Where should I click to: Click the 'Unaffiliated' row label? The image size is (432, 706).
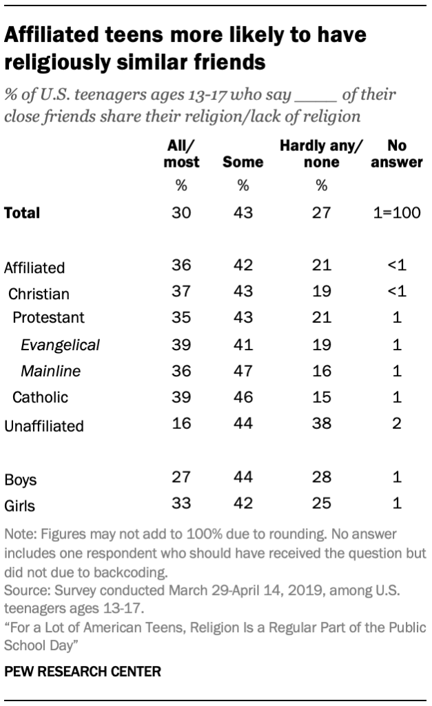[43, 426]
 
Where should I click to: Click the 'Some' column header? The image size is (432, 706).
[243, 163]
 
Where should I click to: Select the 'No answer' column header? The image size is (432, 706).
[396, 154]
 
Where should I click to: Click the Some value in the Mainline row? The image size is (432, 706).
[243, 372]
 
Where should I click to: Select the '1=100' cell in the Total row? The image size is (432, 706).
[396, 212]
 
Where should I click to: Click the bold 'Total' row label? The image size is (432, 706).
[22, 213]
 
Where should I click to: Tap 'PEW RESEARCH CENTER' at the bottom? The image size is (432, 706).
[83, 671]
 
